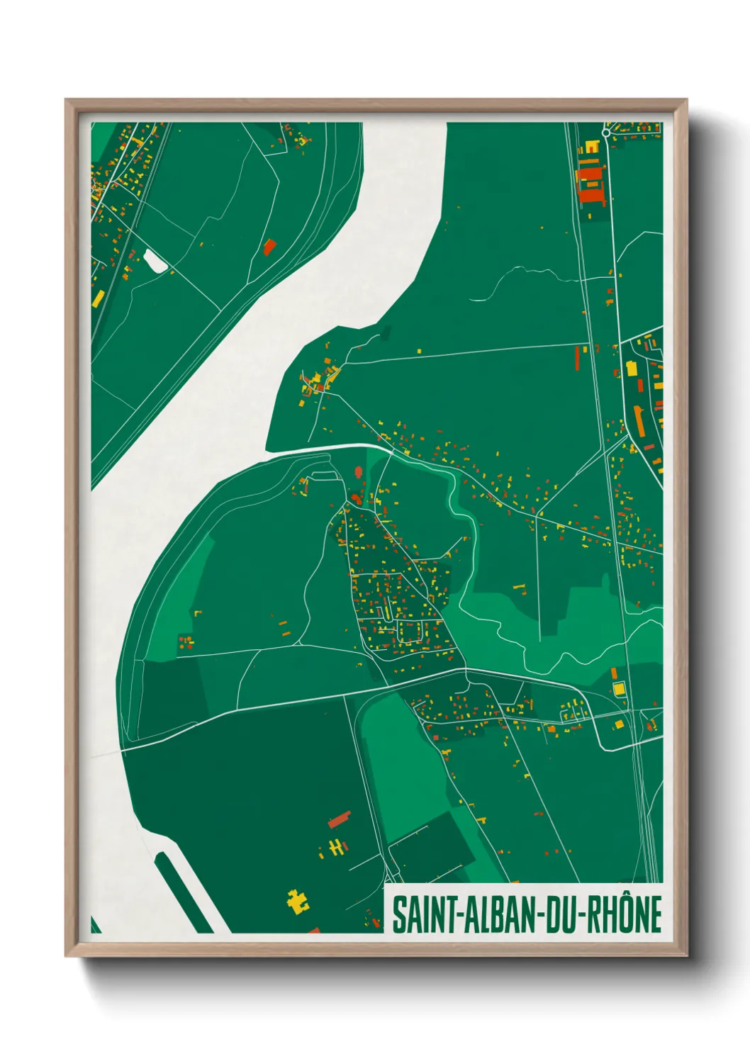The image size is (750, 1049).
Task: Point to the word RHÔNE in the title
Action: (x=623, y=915)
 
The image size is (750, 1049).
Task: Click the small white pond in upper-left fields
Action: (x=155, y=260)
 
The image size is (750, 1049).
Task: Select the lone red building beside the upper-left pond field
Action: (x=269, y=247)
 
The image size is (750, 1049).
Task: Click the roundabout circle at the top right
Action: (x=606, y=133)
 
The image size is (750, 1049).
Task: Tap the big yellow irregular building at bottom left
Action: (x=298, y=901)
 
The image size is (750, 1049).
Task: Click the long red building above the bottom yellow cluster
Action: (x=340, y=819)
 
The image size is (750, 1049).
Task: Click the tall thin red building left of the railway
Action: (x=576, y=358)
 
